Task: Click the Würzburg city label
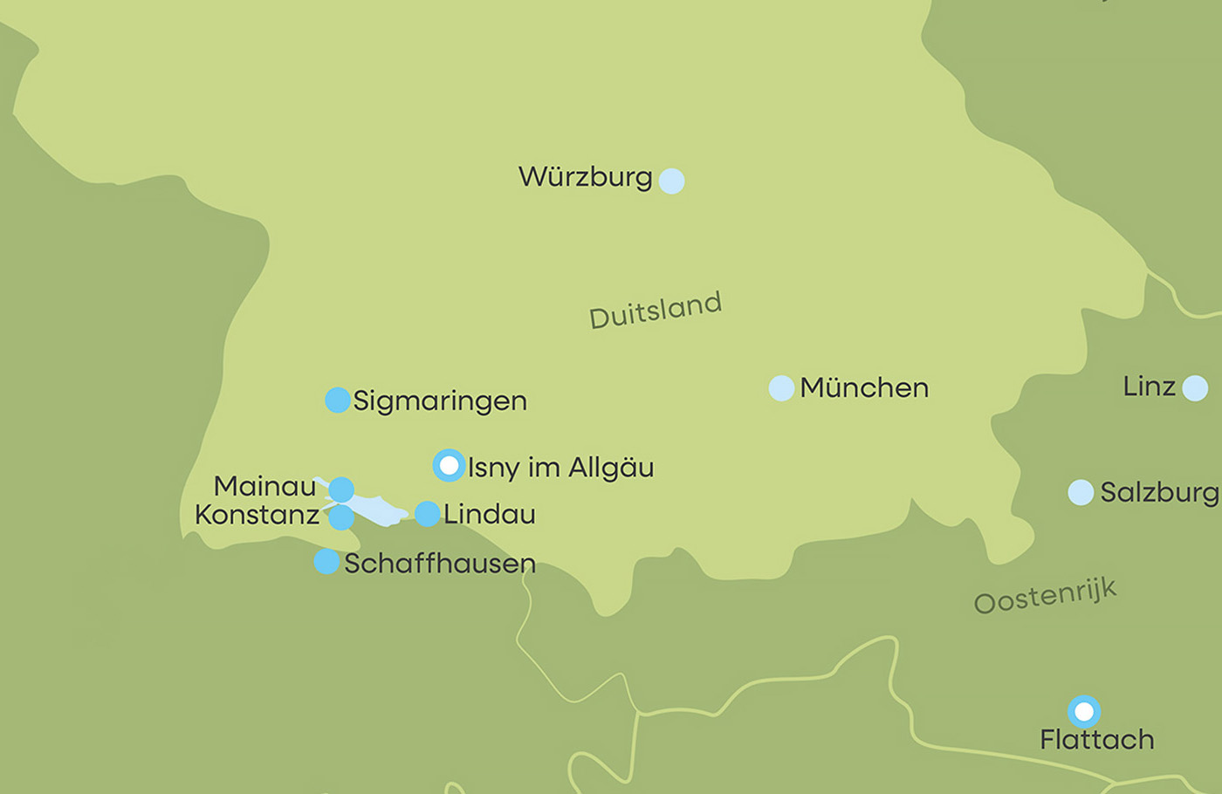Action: [x=585, y=177]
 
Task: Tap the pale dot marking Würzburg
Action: [x=671, y=181]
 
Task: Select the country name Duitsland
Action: [x=656, y=311]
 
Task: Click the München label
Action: [x=864, y=387]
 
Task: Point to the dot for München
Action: [x=781, y=388]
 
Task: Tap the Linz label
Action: [x=1149, y=386]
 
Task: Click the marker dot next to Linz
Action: [x=1195, y=387]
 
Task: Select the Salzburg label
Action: [x=1158, y=492]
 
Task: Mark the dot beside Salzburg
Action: [x=1081, y=492]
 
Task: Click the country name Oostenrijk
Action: [x=1045, y=596]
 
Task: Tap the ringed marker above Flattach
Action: [x=1084, y=712]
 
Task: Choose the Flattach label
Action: [x=1096, y=740]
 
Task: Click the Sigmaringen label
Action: [x=440, y=401]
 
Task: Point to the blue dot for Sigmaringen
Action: [x=338, y=400]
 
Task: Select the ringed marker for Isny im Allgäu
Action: [x=449, y=466]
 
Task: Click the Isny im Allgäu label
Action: [x=560, y=468]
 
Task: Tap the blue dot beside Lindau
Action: [x=427, y=514]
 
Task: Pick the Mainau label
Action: [x=264, y=486]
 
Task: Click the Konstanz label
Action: [x=257, y=515]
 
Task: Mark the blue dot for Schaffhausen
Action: [x=326, y=561]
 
